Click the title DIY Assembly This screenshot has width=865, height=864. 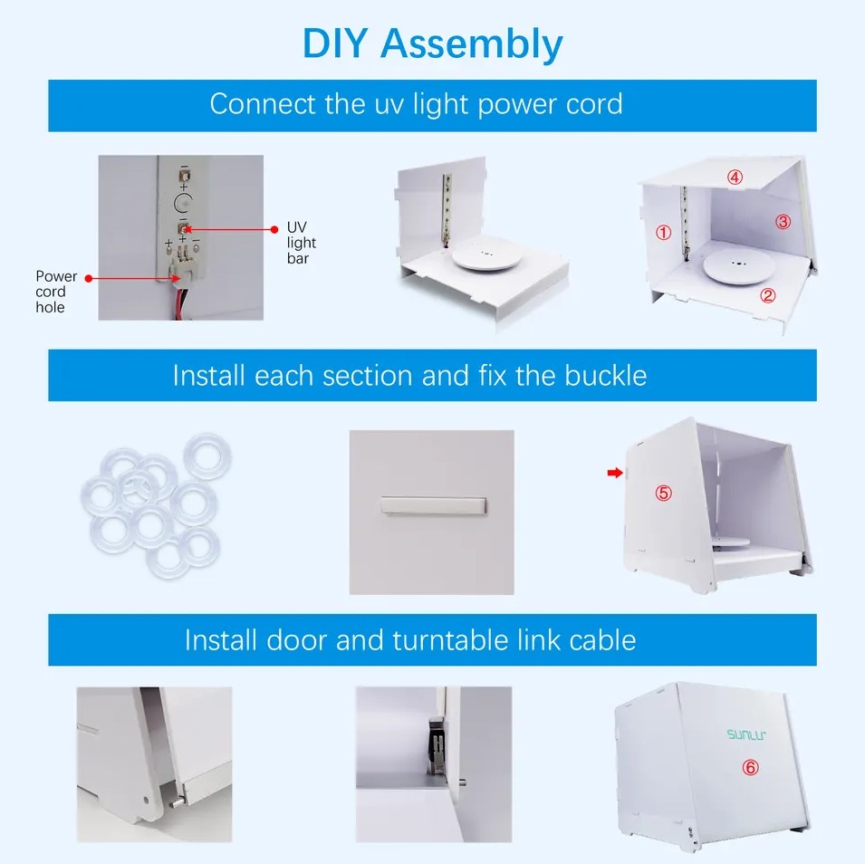click(432, 43)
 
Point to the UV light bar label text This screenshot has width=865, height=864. click(301, 243)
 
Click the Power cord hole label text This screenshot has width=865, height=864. click(51, 292)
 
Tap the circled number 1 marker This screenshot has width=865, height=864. click(663, 233)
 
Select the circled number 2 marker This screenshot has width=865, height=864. click(767, 294)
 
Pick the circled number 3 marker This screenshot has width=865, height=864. click(783, 222)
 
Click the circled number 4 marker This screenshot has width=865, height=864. click(735, 178)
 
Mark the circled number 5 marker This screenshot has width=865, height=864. click(664, 493)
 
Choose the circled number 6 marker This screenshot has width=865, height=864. click(750, 767)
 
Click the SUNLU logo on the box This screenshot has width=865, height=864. click(745, 734)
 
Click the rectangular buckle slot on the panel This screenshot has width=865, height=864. click(434, 504)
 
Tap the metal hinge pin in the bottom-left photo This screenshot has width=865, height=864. click(177, 802)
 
